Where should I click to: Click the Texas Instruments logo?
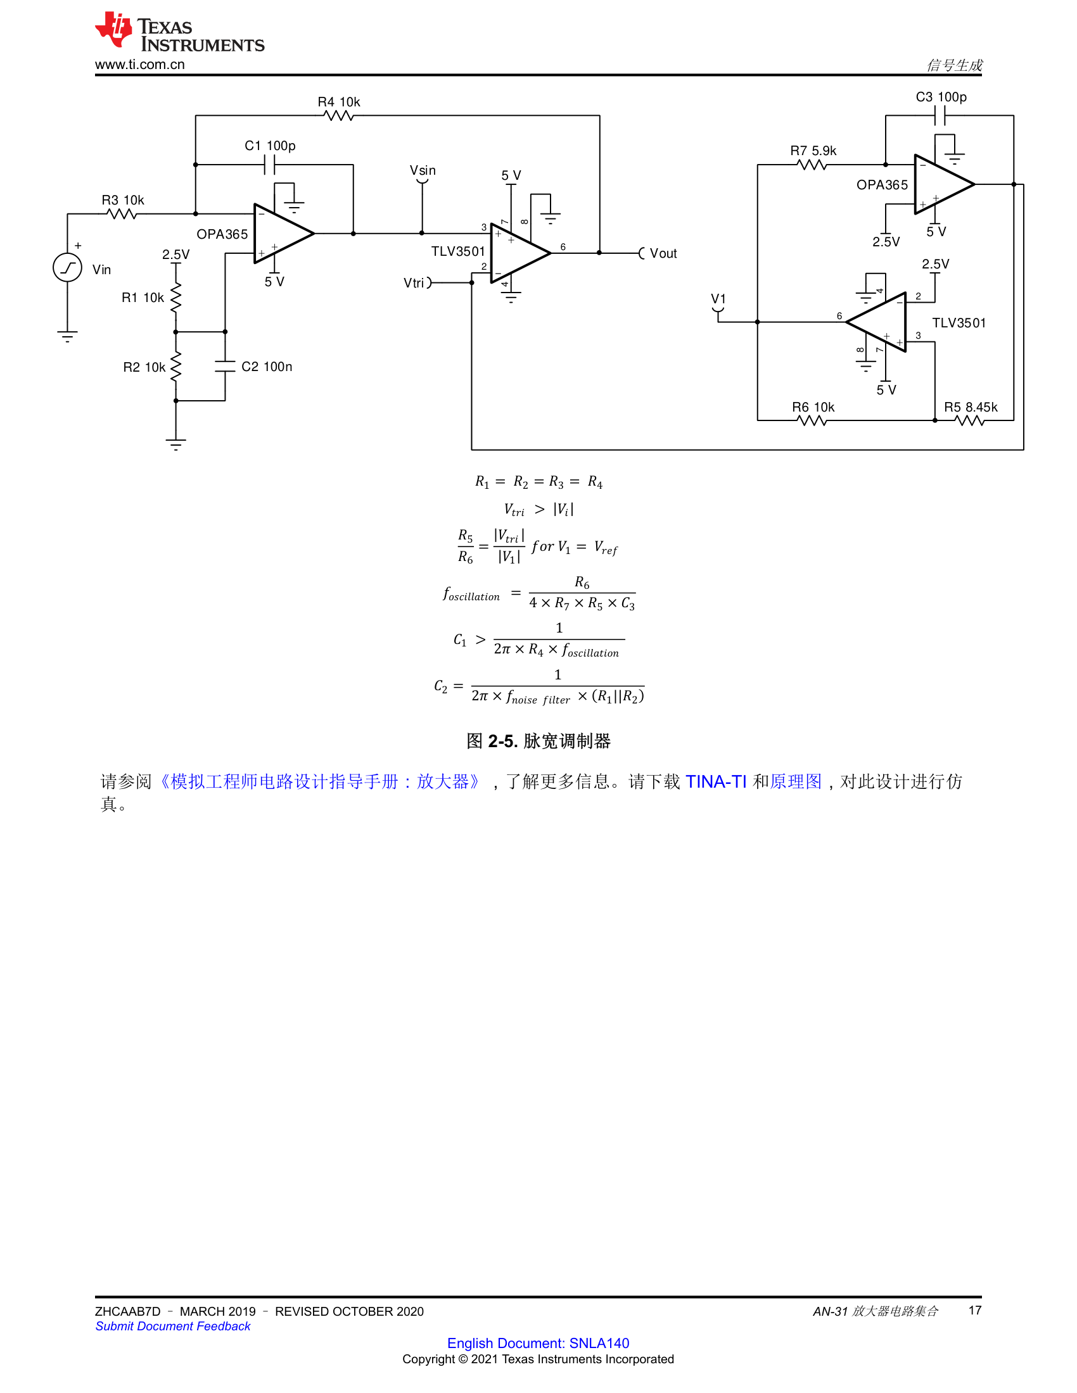click(x=179, y=32)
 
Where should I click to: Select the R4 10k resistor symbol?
click(x=338, y=115)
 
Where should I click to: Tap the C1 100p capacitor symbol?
click(x=270, y=165)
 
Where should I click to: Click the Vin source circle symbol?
click(x=67, y=267)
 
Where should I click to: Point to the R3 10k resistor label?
click(x=123, y=200)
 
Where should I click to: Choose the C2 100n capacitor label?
click(x=267, y=367)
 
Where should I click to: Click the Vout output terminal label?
click(x=663, y=253)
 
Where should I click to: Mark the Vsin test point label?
click(x=423, y=170)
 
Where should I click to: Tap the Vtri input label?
click(x=414, y=282)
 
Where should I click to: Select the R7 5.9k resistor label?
click(x=813, y=151)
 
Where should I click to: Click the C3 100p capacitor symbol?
click(x=939, y=116)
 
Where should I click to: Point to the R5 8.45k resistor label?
click(x=971, y=407)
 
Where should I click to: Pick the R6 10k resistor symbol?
click(x=812, y=420)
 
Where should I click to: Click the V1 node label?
click(x=718, y=298)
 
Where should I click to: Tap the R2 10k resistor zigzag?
click(x=176, y=367)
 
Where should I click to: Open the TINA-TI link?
click(x=716, y=781)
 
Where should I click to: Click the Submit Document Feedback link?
click(x=173, y=1326)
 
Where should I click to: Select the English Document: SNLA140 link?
click(x=538, y=1342)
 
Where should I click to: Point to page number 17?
click(x=975, y=1310)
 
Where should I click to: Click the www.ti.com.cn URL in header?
click(x=140, y=65)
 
